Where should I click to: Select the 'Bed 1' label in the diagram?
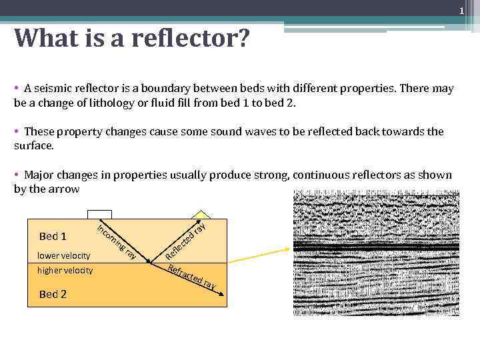point(53,236)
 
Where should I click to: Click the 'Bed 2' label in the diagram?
point(53,294)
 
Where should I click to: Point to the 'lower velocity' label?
point(63,255)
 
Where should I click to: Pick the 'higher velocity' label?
point(65,270)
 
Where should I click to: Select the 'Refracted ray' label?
point(192,277)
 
